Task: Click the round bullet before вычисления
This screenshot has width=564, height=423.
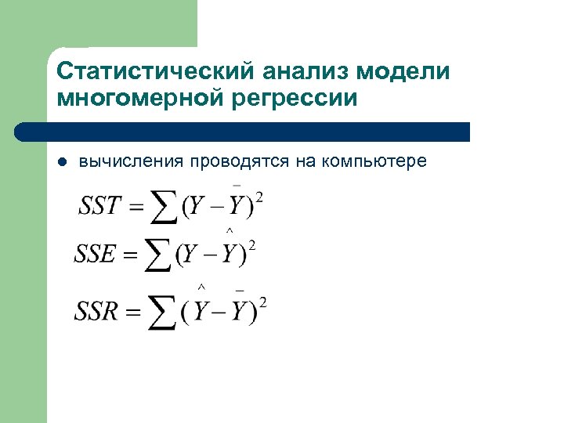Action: (x=63, y=162)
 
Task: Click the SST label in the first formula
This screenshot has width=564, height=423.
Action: (x=100, y=206)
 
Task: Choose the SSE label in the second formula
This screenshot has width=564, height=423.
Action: (x=96, y=255)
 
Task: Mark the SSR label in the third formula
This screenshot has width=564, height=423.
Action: (x=97, y=312)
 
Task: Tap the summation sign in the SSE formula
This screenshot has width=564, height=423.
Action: (x=161, y=256)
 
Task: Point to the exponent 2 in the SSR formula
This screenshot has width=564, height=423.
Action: (x=263, y=302)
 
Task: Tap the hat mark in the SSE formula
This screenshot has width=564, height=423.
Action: (x=229, y=230)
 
